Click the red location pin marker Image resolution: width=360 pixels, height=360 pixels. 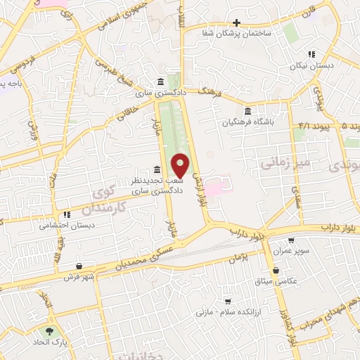(181, 165)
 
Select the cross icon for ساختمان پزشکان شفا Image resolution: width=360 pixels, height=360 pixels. (236, 22)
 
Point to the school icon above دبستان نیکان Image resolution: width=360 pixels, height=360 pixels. (311, 54)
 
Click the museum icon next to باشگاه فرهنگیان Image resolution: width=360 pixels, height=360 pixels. (247, 112)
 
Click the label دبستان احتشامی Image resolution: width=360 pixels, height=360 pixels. (67, 226)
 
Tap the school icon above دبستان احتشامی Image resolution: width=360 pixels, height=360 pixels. (67, 214)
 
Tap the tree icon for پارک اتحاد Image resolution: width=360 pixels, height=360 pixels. (49, 331)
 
